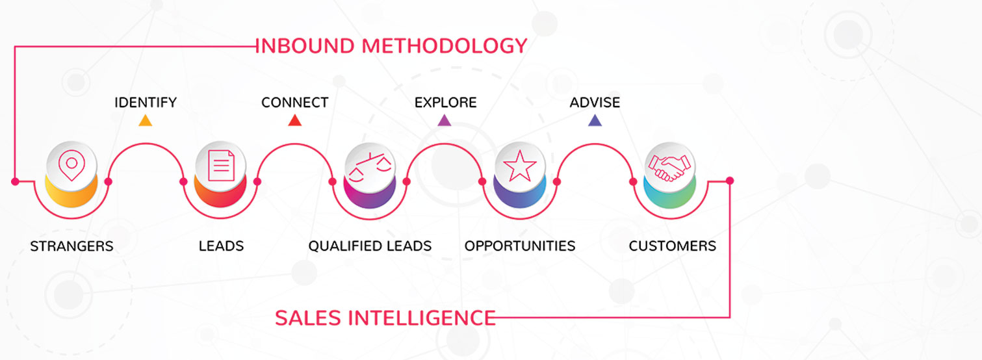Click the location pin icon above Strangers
71,165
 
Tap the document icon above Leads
221,165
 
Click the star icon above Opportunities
520,166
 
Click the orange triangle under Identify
145,120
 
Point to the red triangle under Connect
294,120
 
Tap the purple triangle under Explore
445,120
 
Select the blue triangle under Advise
595,120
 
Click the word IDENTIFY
146,103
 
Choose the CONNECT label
294,103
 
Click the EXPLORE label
445,103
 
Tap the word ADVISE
595,103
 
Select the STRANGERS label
71,246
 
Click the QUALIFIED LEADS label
370,246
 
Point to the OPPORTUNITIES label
520,246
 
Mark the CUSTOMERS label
673,246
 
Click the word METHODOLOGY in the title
444,46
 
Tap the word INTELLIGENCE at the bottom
422,318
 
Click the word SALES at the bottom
308,318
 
